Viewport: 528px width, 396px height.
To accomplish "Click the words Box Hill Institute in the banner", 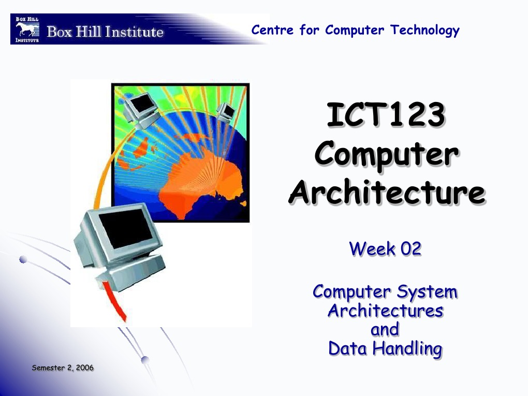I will (105, 33).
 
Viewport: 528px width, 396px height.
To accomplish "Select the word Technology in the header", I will (425, 31).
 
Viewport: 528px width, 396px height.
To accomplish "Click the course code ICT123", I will (385, 115).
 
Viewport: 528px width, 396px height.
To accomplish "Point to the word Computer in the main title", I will (386, 154).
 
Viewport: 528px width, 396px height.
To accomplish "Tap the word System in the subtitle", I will (427, 292).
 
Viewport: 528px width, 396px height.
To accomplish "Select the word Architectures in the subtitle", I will (386, 311).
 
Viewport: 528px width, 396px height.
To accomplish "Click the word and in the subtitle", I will (385, 330).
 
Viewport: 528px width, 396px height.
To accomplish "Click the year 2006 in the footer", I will (84, 368).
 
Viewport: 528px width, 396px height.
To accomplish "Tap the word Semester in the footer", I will (49, 368).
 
